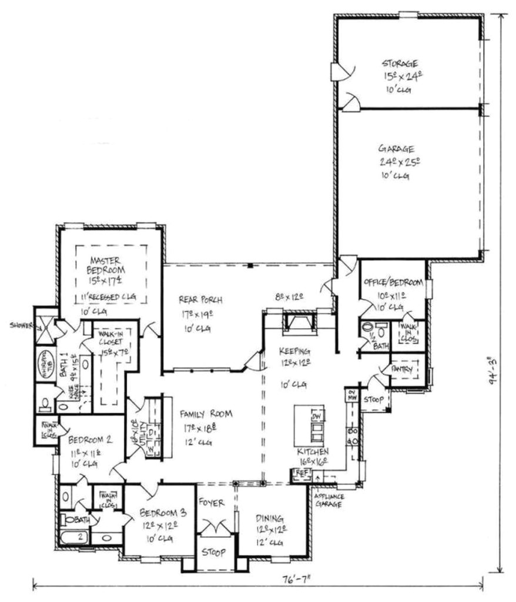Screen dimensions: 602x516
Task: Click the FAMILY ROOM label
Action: coord(206,413)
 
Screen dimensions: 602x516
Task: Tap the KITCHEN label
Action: coord(313,451)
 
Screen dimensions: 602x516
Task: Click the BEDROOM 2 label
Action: coord(90,439)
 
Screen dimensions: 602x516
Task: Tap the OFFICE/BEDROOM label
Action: coord(393,283)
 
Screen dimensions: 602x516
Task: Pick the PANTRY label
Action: coord(405,369)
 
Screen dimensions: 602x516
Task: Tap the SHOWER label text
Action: coord(18,324)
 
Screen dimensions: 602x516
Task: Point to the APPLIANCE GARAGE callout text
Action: coord(330,501)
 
